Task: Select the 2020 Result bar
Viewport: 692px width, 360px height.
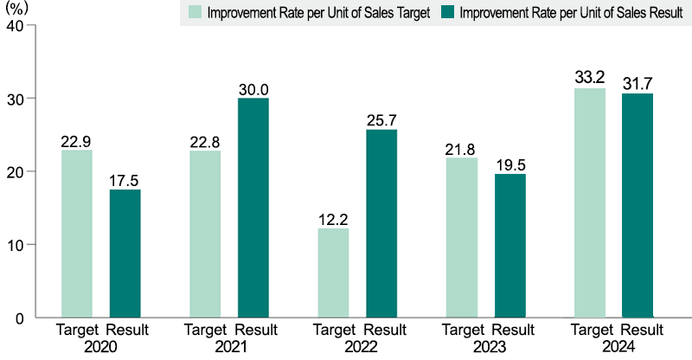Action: [125, 253]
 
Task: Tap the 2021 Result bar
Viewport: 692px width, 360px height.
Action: [253, 208]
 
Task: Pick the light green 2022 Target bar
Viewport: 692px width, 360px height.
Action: [333, 273]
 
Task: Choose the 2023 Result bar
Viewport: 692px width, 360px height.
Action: [510, 246]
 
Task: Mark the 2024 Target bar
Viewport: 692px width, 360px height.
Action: [590, 202]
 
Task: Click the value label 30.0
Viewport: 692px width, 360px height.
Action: [253, 89]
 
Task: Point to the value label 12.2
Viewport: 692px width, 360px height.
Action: [333, 219]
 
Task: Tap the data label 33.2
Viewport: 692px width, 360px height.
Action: [590, 79]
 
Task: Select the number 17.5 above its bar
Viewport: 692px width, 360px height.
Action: [125, 180]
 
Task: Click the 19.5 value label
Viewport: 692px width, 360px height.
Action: [510, 164]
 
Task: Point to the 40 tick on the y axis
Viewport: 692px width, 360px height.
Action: [14, 26]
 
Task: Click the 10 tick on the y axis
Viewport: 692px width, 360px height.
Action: [14, 245]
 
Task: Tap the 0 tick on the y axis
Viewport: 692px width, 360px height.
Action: [18, 318]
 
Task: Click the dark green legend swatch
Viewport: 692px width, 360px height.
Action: [446, 13]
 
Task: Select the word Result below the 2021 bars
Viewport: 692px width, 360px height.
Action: [256, 330]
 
